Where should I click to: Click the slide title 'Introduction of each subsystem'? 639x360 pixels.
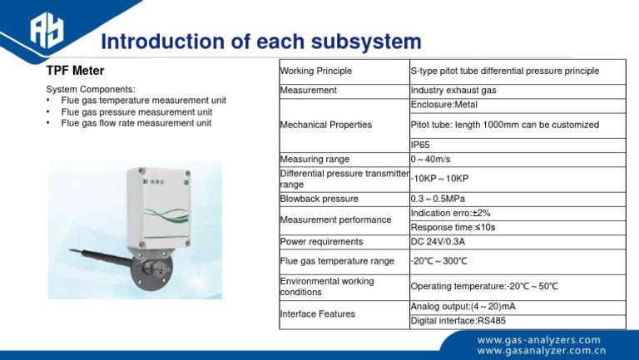click(x=260, y=42)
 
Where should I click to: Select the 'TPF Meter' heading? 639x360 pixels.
click(x=75, y=72)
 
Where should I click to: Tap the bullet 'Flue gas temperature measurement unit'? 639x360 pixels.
click(x=143, y=101)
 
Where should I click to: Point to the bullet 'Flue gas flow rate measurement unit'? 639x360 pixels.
click(x=136, y=123)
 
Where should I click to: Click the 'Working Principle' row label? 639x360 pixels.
click(x=316, y=71)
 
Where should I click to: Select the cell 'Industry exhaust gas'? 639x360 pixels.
click(x=453, y=90)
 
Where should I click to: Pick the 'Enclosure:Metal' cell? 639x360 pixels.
click(x=443, y=105)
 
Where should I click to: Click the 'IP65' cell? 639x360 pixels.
click(x=420, y=145)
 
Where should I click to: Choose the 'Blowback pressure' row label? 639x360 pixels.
click(x=319, y=199)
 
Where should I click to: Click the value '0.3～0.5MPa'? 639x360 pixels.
click(x=438, y=199)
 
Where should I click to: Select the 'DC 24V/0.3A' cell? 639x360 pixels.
click(x=438, y=242)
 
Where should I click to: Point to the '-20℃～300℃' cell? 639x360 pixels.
click(x=439, y=261)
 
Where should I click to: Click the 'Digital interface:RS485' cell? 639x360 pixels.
click(x=458, y=321)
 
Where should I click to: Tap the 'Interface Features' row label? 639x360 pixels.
click(x=318, y=314)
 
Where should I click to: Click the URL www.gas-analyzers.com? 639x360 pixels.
click(x=537, y=340)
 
